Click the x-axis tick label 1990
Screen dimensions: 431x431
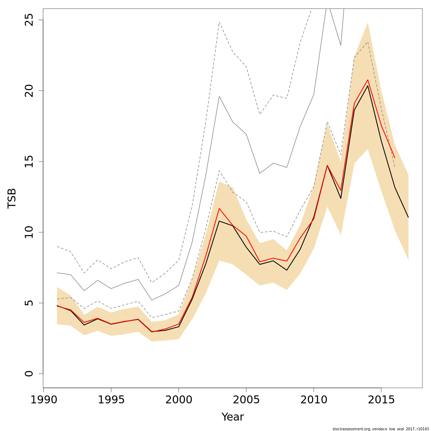[x=43, y=400]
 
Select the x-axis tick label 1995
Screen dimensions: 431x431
[x=111, y=400]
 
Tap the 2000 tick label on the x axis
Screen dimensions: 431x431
[x=179, y=400]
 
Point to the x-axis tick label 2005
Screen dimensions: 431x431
[x=246, y=400]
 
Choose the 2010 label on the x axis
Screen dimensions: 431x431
[x=314, y=400]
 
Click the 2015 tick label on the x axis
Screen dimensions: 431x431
[x=381, y=400]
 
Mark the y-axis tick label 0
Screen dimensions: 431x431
[x=29, y=374]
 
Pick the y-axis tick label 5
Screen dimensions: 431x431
[x=29, y=303]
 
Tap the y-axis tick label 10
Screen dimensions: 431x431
[x=29, y=232]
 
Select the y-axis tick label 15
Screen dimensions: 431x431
[x=29, y=161]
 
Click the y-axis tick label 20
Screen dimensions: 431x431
[x=29, y=91]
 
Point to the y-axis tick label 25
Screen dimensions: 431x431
[x=29, y=20]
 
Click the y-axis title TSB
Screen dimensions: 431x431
[x=12, y=198]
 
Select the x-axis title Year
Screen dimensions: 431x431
[x=232, y=417]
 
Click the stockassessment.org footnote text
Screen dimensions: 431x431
[x=380, y=428]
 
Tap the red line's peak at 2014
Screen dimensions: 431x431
[x=368, y=80]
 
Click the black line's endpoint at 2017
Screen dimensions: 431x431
[x=408, y=217]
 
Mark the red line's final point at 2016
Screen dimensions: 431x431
[x=395, y=158]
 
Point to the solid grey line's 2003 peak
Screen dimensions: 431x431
[x=219, y=96]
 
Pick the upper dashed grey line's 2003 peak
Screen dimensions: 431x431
[x=219, y=22]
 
